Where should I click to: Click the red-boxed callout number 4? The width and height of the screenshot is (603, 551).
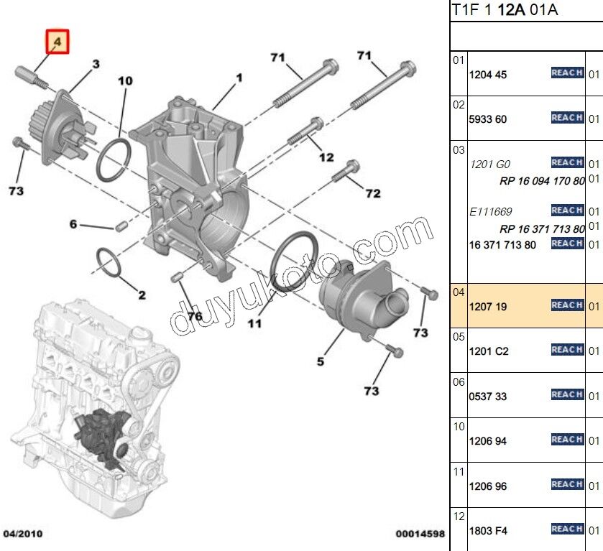[57, 42]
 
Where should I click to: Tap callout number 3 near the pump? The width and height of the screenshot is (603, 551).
[96, 65]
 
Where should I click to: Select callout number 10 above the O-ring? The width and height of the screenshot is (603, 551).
[125, 81]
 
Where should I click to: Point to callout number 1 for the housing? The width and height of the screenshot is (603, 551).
[239, 77]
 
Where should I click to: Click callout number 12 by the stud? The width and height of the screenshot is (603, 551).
[326, 157]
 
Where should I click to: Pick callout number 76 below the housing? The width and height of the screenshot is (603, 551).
[195, 316]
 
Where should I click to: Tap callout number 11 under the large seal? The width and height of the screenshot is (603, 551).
[255, 324]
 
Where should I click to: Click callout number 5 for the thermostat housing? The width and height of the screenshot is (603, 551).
[321, 361]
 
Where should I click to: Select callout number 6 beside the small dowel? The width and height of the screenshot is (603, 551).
[73, 224]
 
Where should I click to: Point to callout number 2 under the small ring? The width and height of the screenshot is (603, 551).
[142, 295]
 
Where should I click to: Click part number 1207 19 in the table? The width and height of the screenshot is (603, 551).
[488, 307]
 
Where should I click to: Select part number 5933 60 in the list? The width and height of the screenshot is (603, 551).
[488, 119]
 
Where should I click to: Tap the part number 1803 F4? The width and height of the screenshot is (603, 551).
[488, 531]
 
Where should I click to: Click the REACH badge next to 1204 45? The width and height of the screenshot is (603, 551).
[566, 73]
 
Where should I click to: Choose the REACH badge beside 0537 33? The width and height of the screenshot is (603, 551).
[566, 394]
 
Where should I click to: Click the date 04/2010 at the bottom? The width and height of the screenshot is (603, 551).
[22, 534]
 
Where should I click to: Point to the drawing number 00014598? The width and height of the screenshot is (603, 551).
[420, 534]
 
